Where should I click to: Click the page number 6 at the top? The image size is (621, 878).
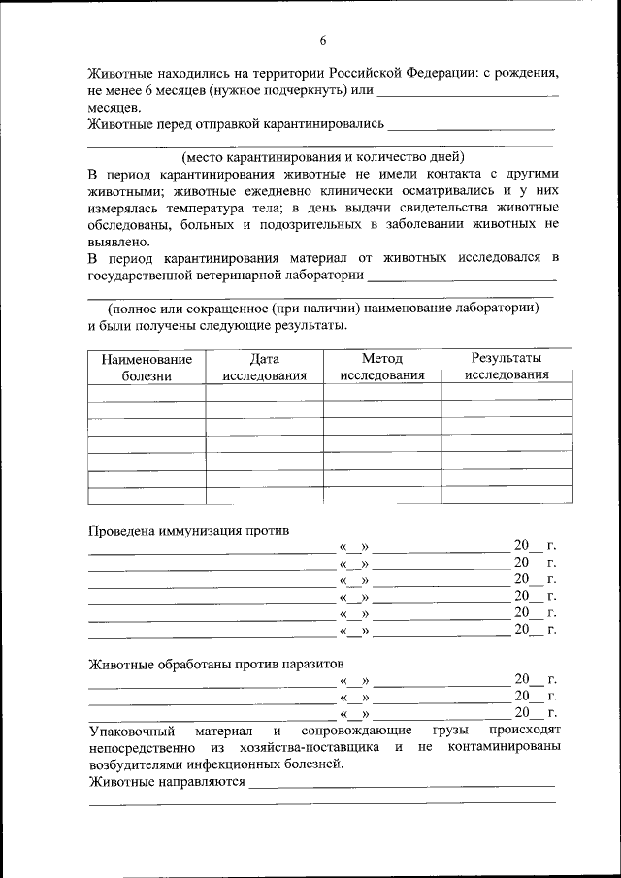(x=323, y=40)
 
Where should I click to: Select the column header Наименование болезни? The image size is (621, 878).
(x=147, y=367)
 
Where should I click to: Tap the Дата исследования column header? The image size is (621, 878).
(x=264, y=367)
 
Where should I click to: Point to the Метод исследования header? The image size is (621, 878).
(x=381, y=367)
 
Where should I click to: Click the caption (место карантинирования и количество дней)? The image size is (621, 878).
(x=323, y=156)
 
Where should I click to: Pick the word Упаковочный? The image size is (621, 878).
(x=131, y=730)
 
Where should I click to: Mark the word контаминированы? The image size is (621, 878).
(x=505, y=747)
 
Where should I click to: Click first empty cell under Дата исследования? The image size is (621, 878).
(x=264, y=392)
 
